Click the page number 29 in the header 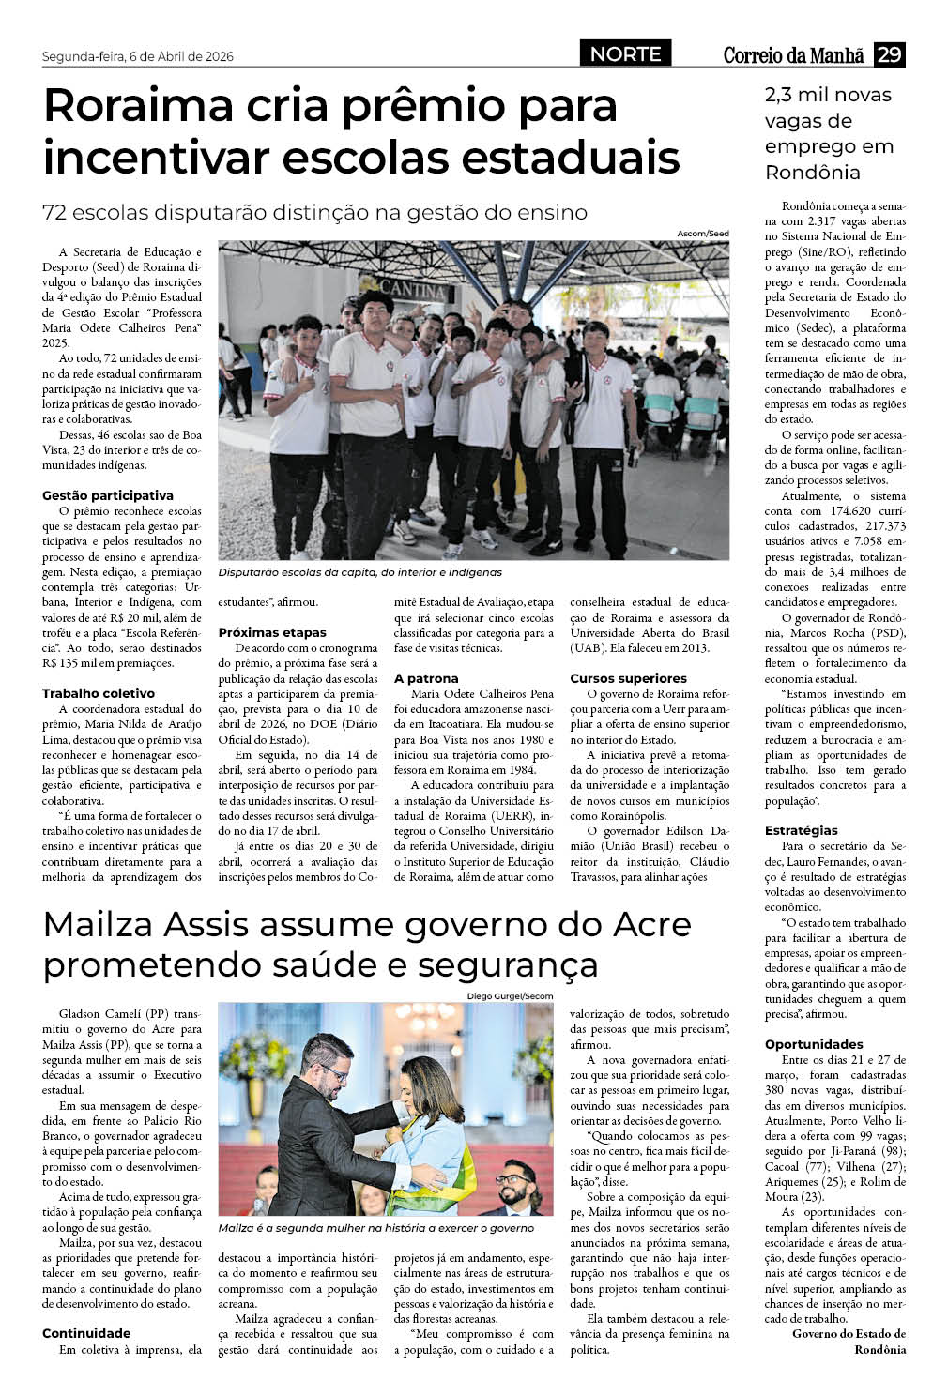(x=889, y=54)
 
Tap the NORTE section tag (x=626, y=54)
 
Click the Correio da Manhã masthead (x=793, y=55)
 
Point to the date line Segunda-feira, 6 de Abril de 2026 (x=138, y=56)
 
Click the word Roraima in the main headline (x=137, y=105)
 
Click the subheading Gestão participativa (x=108, y=495)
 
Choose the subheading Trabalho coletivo (x=99, y=693)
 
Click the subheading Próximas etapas (x=272, y=632)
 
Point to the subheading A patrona (x=426, y=678)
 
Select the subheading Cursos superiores (x=628, y=678)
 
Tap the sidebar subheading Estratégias (x=802, y=830)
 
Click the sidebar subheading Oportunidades (x=814, y=1044)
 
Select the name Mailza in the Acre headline (x=99, y=925)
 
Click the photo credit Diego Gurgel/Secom (x=510, y=996)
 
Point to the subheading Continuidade (x=86, y=1333)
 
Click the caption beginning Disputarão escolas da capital (x=359, y=572)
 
